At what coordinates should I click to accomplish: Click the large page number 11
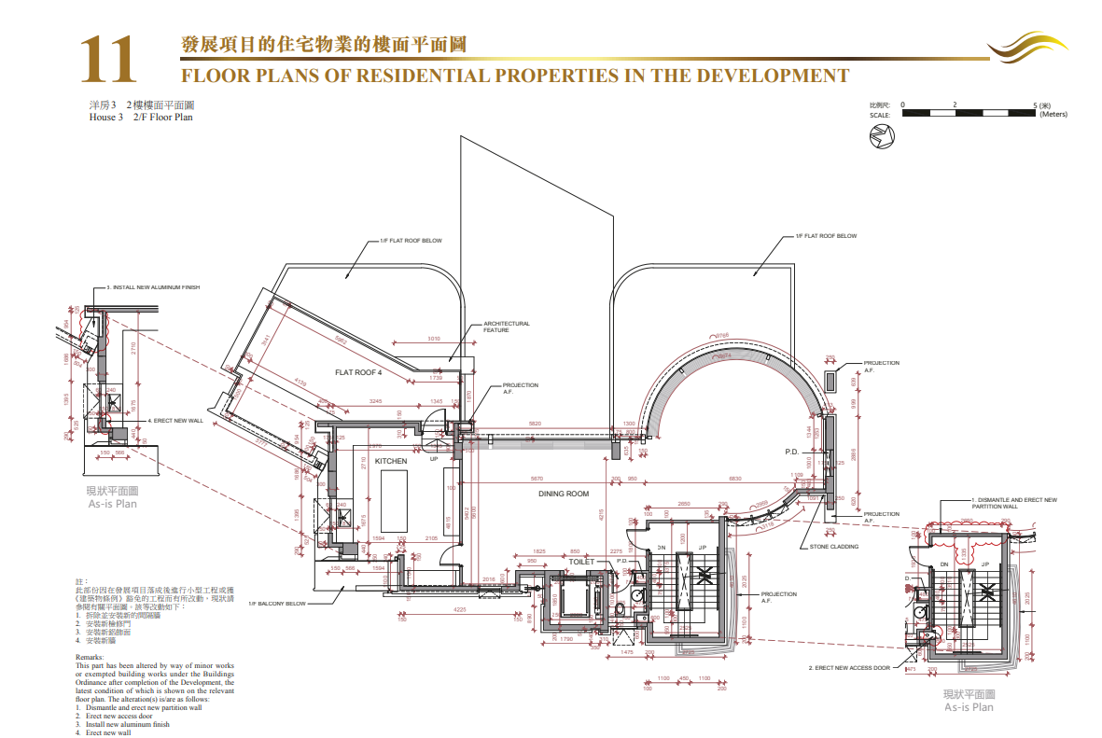tap(108, 60)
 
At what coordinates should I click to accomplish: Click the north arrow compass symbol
tap(882, 137)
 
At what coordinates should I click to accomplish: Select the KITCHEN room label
tap(391, 462)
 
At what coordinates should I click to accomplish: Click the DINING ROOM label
tap(564, 494)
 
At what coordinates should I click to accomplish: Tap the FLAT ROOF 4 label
tap(359, 372)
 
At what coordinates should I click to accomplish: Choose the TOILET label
tap(581, 562)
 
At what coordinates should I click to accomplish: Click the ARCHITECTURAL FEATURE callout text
tap(506, 327)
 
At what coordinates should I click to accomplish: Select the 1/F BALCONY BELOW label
tap(277, 604)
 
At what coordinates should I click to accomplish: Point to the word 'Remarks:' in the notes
tap(90, 657)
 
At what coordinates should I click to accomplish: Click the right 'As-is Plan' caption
tap(969, 707)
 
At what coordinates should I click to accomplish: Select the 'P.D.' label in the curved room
tap(792, 452)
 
